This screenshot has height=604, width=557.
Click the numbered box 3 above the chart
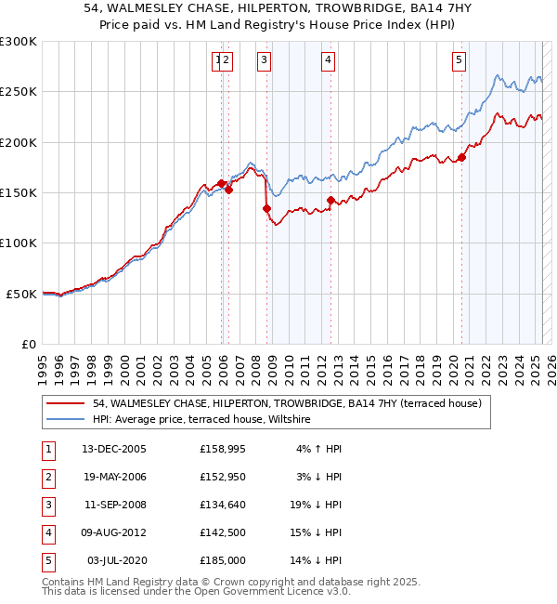pyautogui.click(x=264, y=61)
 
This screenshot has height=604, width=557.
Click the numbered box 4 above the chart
pyautogui.click(x=329, y=61)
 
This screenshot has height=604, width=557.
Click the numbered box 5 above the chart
pyautogui.click(x=459, y=61)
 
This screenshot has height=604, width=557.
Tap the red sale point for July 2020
pyautogui.click(x=461, y=157)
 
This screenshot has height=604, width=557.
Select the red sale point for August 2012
pyautogui.click(x=331, y=200)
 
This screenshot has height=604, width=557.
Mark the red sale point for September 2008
pyautogui.click(x=267, y=208)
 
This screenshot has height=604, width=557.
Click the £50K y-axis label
pyautogui.click(x=21, y=294)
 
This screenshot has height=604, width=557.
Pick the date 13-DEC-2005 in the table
pyautogui.click(x=114, y=449)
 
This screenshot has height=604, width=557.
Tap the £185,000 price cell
pyautogui.click(x=222, y=560)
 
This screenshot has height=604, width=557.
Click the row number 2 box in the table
pyautogui.click(x=47, y=477)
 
